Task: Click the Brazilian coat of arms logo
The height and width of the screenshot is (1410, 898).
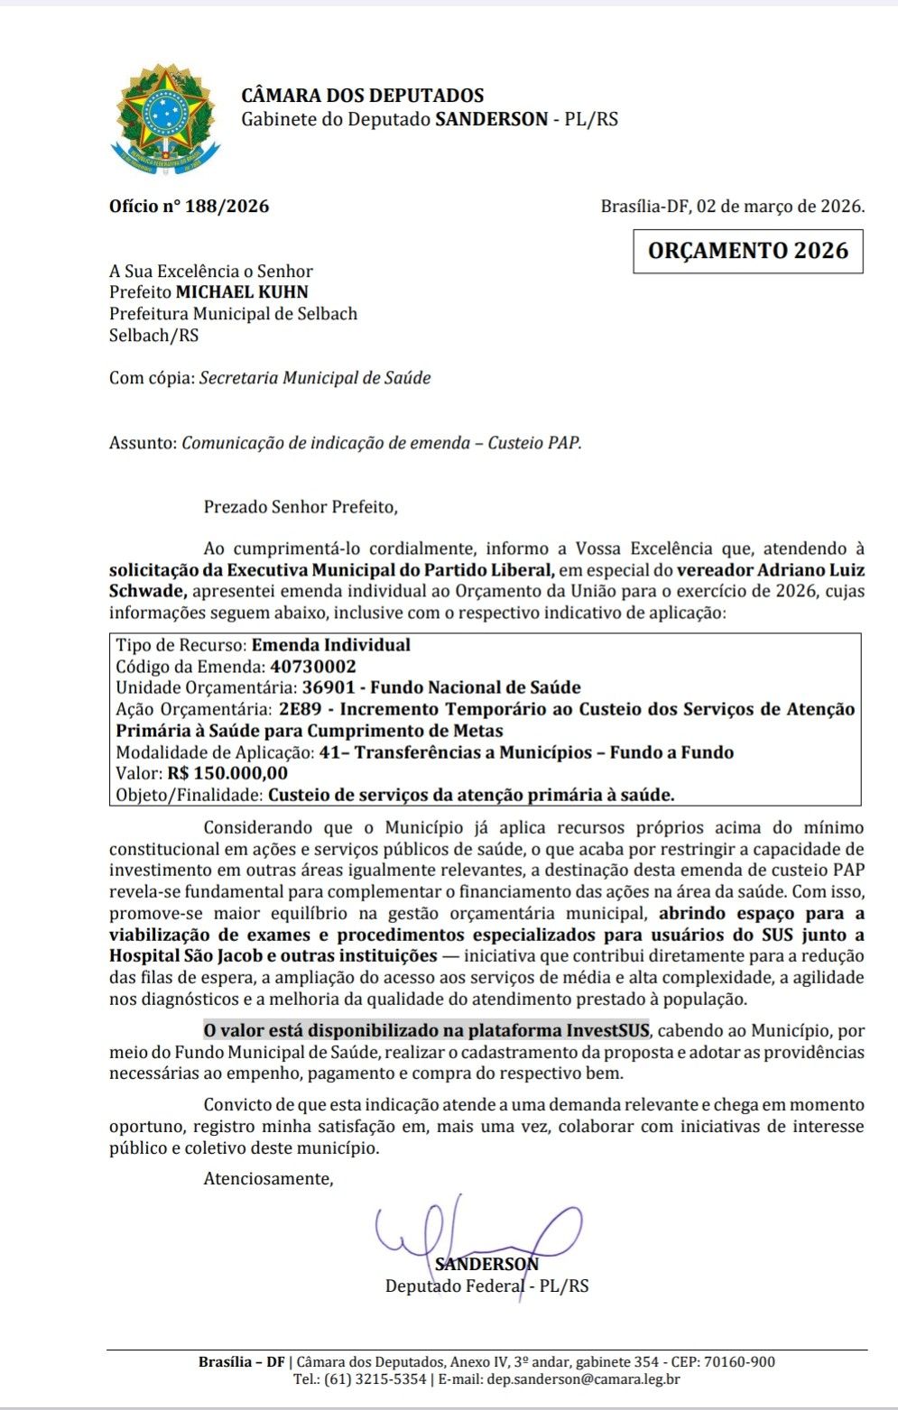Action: (x=164, y=118)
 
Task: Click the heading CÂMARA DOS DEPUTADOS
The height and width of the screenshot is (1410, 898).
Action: (x=362, y=96)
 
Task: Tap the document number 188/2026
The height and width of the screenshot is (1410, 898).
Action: (x=227, y=206)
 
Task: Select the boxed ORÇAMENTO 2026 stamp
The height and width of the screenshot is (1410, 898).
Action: (x=748, y=251)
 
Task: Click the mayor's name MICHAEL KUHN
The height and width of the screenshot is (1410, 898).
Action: (x=242, y=292)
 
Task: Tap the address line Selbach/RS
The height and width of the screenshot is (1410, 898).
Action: (x=153, y=336)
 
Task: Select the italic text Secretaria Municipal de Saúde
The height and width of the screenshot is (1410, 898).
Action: (x=315, y=378)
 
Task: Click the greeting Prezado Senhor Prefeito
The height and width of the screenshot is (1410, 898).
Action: (x=300, y=507)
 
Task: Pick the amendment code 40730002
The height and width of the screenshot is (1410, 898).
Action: (x=313, y=667)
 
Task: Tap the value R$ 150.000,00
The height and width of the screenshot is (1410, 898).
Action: (x=227, y=774)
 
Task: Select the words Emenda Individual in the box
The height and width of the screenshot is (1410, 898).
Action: (x=330, y=646)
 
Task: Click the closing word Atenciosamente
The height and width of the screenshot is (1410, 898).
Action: (x=268, y=1179)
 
